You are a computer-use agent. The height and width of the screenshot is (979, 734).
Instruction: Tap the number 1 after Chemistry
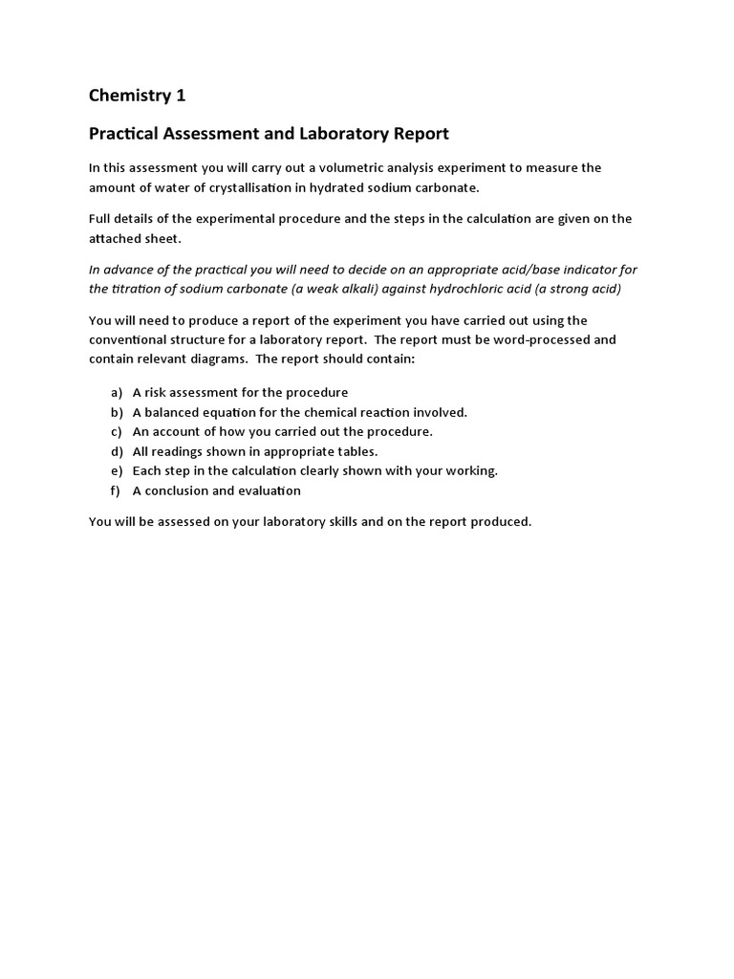click(181, 95)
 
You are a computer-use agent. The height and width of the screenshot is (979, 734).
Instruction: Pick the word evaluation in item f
click(270, 490)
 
